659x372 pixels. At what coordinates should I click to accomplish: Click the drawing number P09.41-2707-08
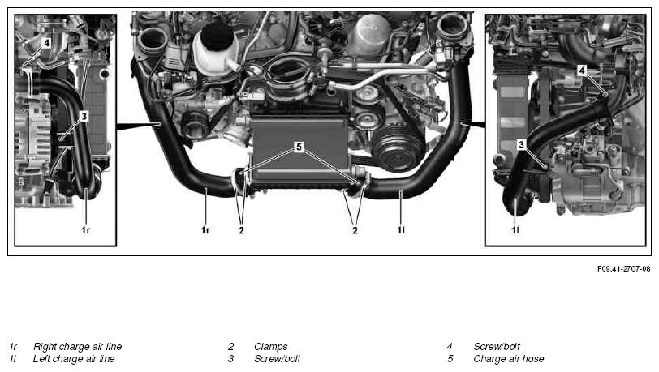pyautogui.click(x=623, y=269)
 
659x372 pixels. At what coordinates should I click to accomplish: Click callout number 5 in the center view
pyautogui.click(x=299, y=147)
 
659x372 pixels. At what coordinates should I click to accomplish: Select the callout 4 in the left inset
pyautogui.click(x=46, y=43)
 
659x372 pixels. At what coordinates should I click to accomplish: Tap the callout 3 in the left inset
pyautogui.click(x=84, y=116)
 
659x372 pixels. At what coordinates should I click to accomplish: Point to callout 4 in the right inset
pyautogui.click(x=582, y=71)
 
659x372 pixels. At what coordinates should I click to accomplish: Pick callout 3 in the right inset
pyautogui.click(x=521, y=145)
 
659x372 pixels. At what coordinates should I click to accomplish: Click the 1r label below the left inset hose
pyautogui.click(x=86, y=230)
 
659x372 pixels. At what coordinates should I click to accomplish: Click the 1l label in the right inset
pyautogui.click(x=515, y=230)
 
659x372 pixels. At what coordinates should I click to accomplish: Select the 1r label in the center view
pyautogui.click(x=205, y=230)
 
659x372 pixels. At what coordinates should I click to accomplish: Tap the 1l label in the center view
pyautogui.click(x=401, y=230)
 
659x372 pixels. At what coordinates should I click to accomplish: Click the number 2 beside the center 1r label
pyautogui.click(x=241, y=230)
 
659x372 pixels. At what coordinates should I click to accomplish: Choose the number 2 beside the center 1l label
pyautogui.click(x=355, y=230)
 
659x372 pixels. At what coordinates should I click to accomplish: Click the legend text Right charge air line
pyautogui.click(x=77, y=347)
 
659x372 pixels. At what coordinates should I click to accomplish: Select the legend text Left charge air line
pyautogui.click(x=74, y=359)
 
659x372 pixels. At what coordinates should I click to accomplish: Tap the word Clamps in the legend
pyautogui.click(x=271, y=347)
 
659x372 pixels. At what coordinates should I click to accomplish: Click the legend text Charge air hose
pyautogui.click(x=509, y=359)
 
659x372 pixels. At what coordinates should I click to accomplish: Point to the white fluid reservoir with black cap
pyautogui.click(x=216, y=49)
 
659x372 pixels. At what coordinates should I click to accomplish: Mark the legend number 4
pyautogui.click(x=450, y=347)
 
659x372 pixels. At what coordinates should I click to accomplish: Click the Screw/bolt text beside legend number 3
pyautogui.click(x=277, y=359)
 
